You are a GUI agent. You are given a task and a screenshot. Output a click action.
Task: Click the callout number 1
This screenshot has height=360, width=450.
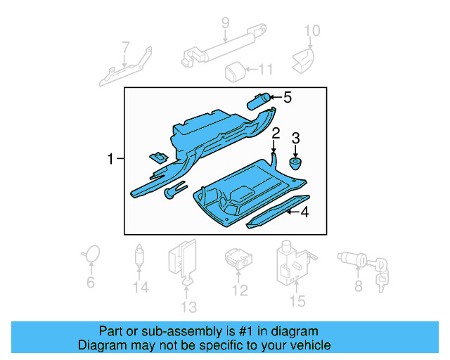(110, 159)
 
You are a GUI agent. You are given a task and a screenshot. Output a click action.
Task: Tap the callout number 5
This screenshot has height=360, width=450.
(287, 98)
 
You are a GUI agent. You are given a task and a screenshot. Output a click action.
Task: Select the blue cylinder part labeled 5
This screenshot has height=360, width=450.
(259, 101)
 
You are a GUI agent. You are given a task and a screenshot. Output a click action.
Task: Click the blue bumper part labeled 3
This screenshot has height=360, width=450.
(296, 164)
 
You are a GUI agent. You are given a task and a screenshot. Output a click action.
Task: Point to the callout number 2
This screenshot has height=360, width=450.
(276, 133)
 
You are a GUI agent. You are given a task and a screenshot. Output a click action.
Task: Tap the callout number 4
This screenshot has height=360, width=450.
(304, 212)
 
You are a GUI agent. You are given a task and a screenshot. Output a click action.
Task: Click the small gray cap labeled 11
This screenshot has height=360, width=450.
(234, 70)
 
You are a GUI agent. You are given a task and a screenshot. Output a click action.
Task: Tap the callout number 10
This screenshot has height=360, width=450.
(311, 30)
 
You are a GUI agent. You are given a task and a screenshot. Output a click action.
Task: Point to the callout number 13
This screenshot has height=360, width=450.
(188, 307)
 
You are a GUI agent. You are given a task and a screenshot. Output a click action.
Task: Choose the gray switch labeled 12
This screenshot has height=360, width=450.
(238, 259)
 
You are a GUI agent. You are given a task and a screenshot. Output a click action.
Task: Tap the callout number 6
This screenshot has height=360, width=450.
(90, 283)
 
